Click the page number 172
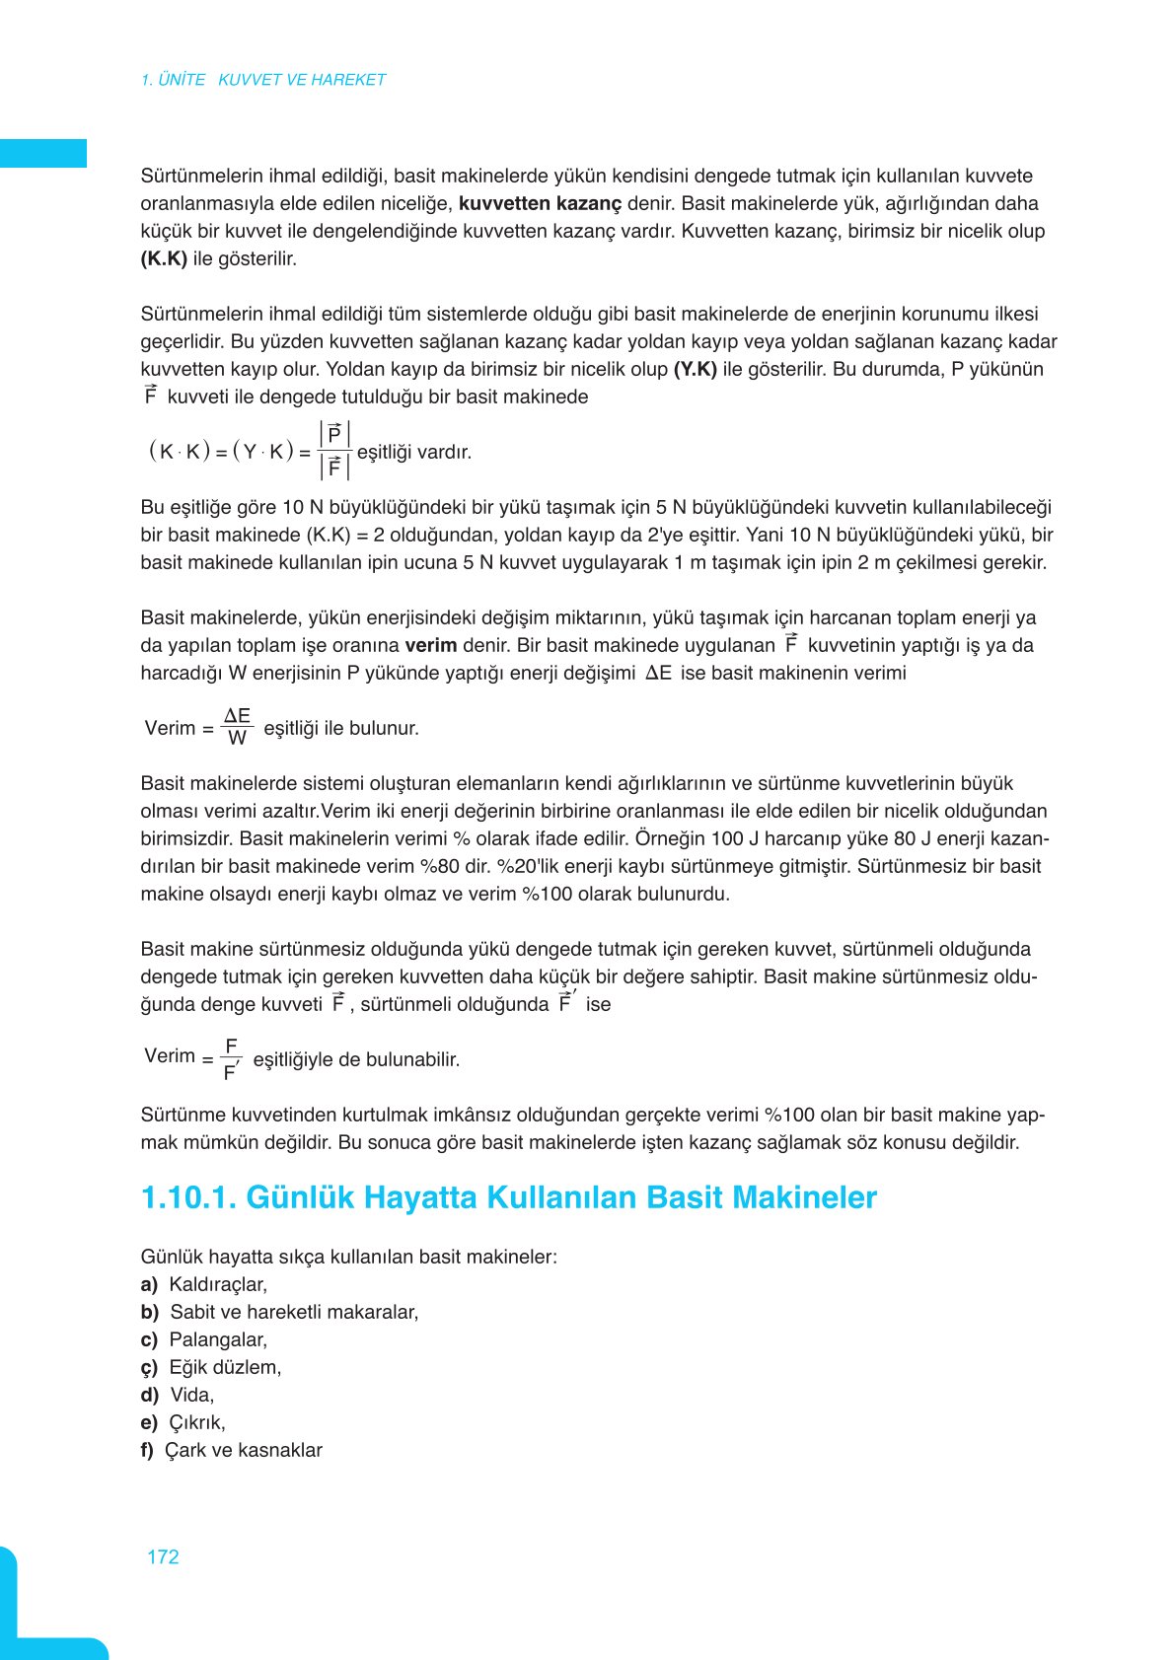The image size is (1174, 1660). click(163, 1556)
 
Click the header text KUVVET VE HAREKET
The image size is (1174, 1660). click(302, 80)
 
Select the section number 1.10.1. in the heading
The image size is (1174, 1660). click(188, 1197)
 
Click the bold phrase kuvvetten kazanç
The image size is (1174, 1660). click(540, 204)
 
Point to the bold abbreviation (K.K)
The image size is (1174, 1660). click(164, 259)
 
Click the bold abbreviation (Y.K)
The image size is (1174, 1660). click(695, 370)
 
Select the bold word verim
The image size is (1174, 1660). click(430, 646)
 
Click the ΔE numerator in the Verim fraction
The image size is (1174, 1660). click(237, 716)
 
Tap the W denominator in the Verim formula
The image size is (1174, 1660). click(237, 739)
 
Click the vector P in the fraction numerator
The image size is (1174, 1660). click(334, 435)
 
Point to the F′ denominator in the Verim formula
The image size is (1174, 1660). click(231, 1072)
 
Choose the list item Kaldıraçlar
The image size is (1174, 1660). click(218, 1285)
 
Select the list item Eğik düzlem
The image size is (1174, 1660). click(225, 1368)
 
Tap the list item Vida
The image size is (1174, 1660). click(191, 1396)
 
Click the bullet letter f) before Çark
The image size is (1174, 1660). click(147, 1451)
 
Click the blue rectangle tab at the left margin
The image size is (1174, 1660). click(42, 154)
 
